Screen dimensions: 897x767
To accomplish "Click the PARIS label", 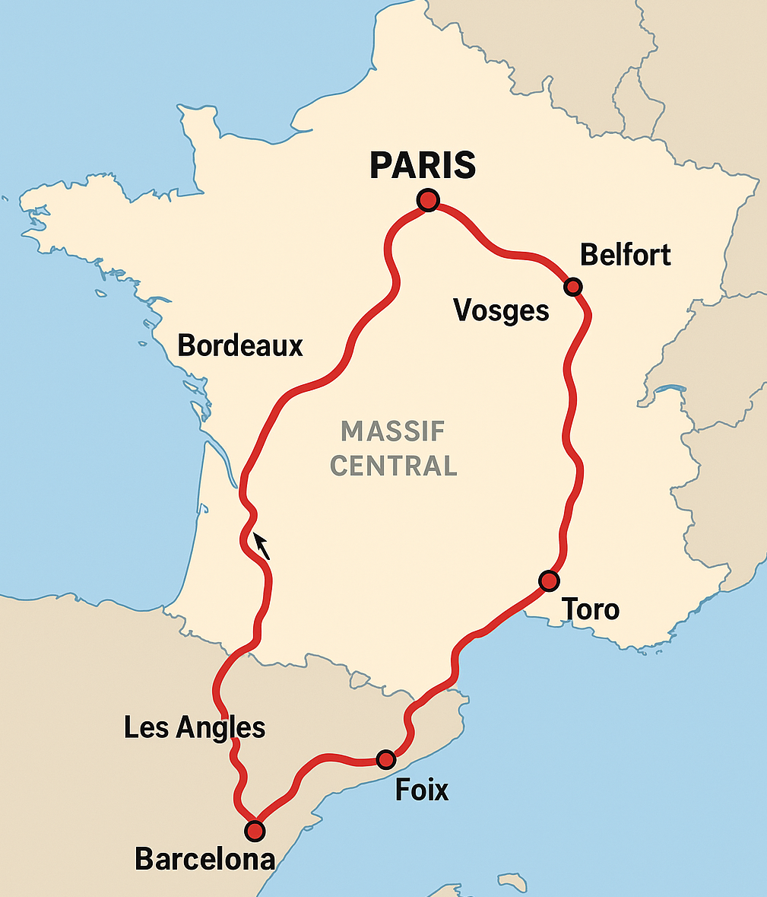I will [423, 166].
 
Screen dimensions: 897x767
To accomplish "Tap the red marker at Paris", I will [428, 200].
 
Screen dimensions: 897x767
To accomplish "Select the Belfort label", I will [625, 255].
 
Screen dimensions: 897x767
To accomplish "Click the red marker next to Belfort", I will [573, 287].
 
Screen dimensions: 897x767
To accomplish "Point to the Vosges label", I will [501, 310].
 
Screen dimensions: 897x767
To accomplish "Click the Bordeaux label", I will [240, 346].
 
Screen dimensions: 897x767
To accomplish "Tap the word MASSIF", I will [393, 431].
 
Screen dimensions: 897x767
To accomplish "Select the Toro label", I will [590, 609].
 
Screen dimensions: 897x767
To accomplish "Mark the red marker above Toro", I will [549, 581].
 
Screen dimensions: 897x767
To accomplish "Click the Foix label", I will [422, 790].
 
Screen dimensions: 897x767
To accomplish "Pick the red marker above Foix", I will [386, 759].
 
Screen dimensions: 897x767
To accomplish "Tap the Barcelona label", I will [204, 860].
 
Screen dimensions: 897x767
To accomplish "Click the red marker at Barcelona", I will [255, 830].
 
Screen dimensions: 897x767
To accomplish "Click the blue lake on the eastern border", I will [670, 390].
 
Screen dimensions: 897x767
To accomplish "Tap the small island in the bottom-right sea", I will [513, 883].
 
